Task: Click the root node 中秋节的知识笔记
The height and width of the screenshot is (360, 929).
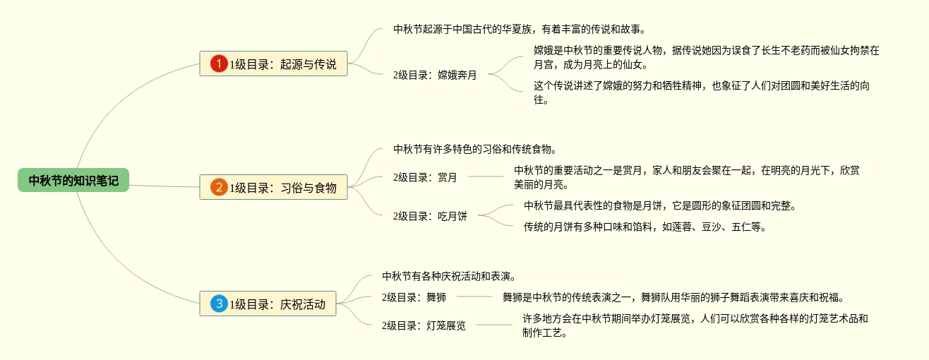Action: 73,181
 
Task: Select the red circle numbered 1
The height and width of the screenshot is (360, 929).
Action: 219,64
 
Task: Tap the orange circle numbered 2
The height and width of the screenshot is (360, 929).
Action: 219,187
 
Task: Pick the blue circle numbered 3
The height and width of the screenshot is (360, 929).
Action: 219,304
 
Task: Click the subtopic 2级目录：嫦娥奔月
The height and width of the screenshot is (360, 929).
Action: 435,75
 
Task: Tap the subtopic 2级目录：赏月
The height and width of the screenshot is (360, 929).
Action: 425,177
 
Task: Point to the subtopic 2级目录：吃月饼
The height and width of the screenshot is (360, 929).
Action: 430,216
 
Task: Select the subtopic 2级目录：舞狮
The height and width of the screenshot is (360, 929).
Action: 414,297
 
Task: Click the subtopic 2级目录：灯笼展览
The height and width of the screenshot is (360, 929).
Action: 424,325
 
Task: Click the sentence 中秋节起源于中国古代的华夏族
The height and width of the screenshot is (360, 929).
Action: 520,30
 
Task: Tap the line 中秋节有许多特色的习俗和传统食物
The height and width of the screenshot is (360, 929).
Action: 476,149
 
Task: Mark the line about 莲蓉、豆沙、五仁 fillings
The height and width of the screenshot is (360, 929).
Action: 645,227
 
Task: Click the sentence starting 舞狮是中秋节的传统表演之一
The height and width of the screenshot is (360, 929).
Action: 673,297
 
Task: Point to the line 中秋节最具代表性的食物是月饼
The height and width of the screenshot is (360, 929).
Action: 660,205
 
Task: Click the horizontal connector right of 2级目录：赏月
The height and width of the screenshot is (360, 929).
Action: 485,176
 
